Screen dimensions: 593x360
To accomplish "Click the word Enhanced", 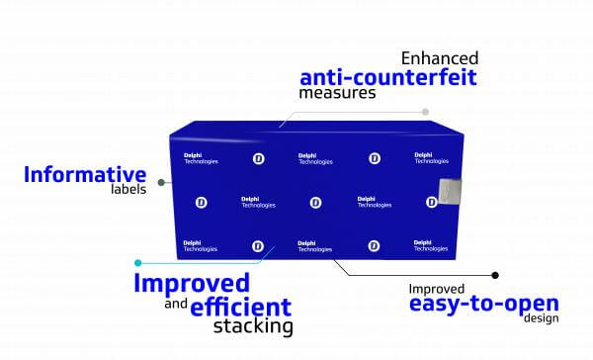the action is click(440, 58).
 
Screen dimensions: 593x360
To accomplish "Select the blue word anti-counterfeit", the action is click(388, 77).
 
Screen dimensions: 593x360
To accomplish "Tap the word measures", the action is click(337, 93).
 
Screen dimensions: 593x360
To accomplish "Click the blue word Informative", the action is click(85, 174).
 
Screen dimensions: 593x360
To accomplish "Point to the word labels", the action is click(128, 189).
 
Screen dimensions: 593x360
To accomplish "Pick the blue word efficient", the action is click(241, 307).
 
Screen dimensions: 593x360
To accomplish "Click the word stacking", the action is click(253, 326).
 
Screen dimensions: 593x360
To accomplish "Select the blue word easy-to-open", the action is click(484, 304).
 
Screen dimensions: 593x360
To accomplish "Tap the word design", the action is click(542, 318).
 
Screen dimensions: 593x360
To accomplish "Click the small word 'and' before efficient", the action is click(176, 304).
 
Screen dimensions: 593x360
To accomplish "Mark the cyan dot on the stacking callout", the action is click(138, 263).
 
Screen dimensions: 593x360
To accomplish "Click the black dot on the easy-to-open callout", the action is click(495, 275).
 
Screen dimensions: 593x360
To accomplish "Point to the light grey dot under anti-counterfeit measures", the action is click(425, 112).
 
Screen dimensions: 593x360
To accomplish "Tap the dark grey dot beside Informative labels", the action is click(161, 182).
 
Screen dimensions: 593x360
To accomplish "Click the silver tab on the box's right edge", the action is click(450, 191).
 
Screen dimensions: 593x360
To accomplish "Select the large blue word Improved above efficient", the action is click(192, 283).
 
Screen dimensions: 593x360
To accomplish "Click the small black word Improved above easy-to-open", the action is click(437, 289).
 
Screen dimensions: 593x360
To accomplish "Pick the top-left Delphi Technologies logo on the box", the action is click(201, 158).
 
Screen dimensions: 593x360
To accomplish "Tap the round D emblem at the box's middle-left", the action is click(202, 203).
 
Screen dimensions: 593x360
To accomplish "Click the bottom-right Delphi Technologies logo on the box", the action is click(431, 245).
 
